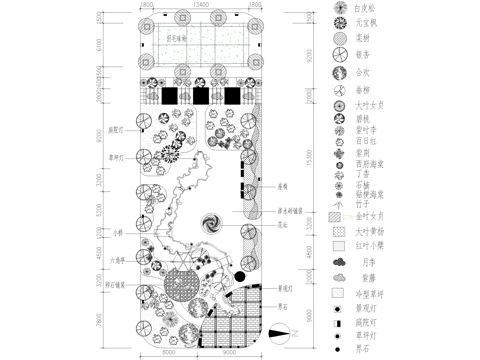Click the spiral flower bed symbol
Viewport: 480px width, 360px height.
[x=211, y=221]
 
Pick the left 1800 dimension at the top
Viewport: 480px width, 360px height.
[x=147, y=6]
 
